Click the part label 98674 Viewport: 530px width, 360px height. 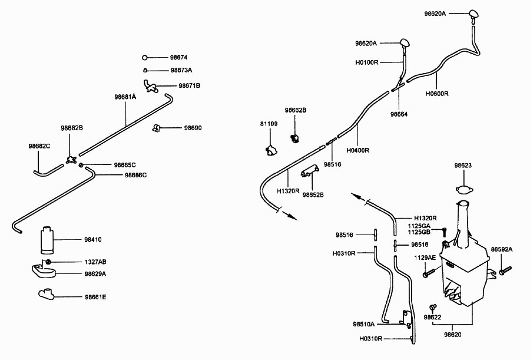(178, 58)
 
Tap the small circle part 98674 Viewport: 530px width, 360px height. (145, 58)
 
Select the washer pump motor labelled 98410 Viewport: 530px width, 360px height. (47, 240)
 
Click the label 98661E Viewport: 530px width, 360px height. (95, 297)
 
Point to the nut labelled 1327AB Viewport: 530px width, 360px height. (48, 262)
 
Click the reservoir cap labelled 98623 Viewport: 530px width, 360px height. (464, 190)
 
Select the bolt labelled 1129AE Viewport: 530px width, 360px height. (428, 273)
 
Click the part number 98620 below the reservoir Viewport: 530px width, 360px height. (452, 335)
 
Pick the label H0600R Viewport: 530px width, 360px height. (437, 94)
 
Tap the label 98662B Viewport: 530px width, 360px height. (296, 110)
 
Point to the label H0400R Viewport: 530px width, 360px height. (357, 150)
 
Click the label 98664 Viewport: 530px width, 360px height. (399, 114)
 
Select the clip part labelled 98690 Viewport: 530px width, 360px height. (156, 128)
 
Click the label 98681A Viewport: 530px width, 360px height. (125, 97)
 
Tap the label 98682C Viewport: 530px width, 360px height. (39, 146)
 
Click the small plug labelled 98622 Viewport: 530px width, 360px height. (432, 307)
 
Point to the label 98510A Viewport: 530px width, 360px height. (364, 324)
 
